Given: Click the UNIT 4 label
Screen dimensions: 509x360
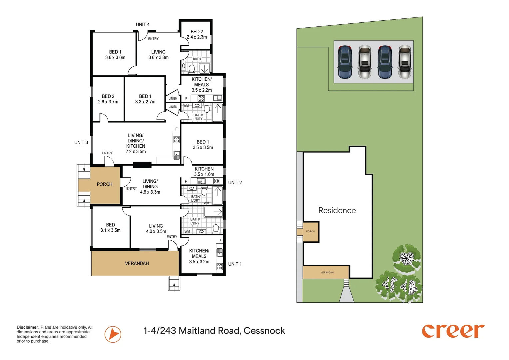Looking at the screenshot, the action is pos(143,24).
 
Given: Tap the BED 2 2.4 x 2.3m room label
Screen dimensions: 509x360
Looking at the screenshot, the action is pos(197,34).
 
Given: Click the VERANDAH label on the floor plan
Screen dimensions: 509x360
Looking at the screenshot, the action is pos(137,263).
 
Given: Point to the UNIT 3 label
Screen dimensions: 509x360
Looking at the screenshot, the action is pos(81,143).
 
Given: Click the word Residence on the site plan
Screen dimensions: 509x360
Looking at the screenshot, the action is pos(337,210).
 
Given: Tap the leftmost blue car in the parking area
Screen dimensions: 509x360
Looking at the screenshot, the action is pos(345,62).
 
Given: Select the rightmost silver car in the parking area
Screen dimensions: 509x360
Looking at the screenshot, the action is pos(405,62).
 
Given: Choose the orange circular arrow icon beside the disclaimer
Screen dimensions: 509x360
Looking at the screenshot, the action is pos(113,334).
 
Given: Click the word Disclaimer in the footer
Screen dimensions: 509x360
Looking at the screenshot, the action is pos(28,327).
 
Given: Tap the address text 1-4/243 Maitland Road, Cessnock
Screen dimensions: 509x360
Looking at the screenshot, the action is pos(214,331).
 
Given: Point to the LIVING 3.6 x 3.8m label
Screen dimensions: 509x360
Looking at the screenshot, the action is pos(158,55).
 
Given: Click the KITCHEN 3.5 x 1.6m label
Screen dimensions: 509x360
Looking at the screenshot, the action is pos(204,171).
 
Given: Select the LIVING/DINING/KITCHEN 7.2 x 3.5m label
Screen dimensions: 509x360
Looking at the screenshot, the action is pos(136,143).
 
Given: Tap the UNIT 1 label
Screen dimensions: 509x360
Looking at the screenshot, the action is pos(235,264).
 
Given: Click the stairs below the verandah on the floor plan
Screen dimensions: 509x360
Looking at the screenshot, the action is pos(174,283).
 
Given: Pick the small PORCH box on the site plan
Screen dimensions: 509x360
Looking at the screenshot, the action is pos(310,232).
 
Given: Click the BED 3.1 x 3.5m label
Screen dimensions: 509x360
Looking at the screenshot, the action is pos(111,227).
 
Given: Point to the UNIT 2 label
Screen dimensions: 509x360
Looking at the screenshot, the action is pos(235,183).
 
